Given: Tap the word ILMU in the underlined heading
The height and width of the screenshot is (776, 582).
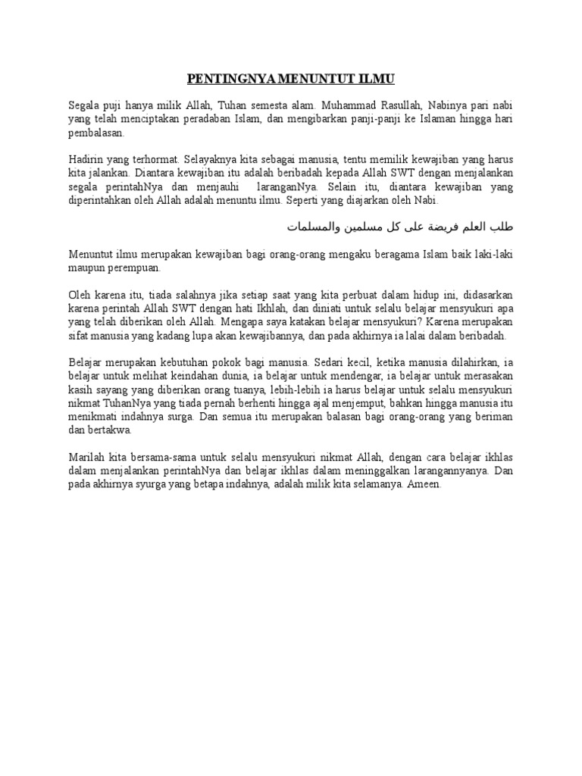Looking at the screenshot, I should pyautogui.click(x=377, y=79).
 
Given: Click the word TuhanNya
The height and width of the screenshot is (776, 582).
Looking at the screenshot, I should pyautogui.click(x=114, y=405).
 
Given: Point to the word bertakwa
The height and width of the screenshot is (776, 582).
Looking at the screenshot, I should pyautogui.click(x=109, y=430).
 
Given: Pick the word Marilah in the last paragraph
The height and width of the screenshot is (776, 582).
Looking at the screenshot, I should pyautogui.click(x=86, y=457).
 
